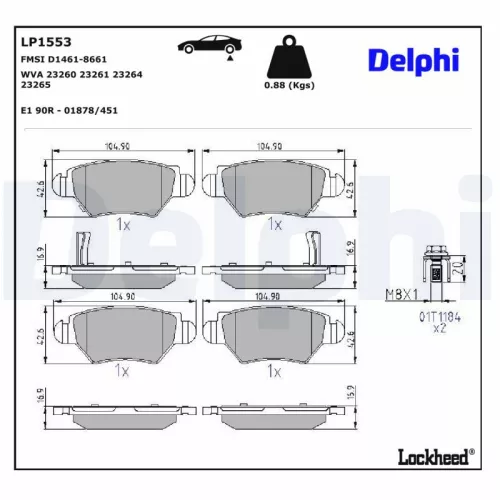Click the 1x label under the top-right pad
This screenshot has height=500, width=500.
[x=275, y=225]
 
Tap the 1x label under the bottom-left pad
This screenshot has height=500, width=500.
[x=122, y=370]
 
